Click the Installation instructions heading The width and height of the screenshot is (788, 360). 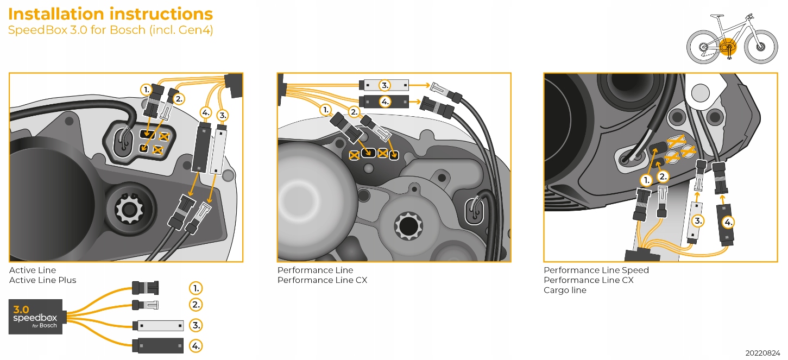coord(110,14)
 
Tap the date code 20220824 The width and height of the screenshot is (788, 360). coord(762,352)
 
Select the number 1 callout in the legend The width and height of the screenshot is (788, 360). coord(196,287)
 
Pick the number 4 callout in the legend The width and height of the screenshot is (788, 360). coord(196,345)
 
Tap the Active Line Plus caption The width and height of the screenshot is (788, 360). coord(42,280)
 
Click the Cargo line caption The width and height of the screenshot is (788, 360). coord(565,290)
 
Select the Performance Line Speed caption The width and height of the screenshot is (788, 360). coord(596,270)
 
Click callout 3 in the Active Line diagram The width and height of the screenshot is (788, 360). coord(222,115)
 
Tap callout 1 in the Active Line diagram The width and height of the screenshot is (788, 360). coord(146,89)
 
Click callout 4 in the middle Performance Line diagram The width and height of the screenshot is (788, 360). coord(385,102)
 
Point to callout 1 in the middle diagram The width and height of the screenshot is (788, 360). coord(325,110)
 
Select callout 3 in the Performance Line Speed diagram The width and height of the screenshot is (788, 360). coord(698,220)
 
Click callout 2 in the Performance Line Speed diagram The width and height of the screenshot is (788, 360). coord(663,176)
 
